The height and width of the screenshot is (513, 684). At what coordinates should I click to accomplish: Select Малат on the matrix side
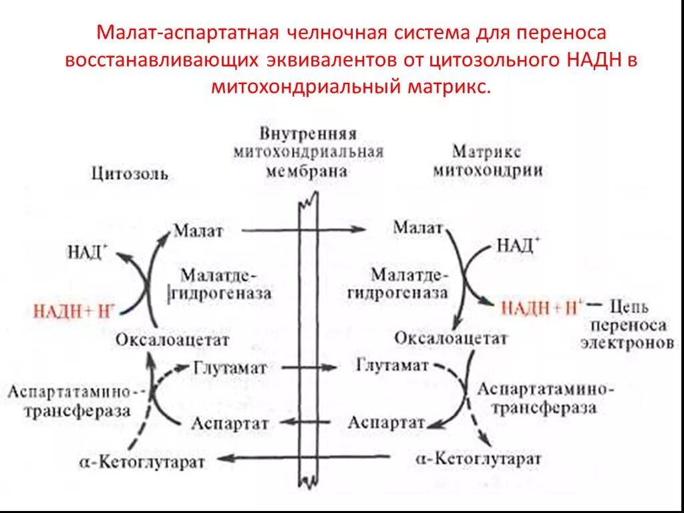[x=418, y=228]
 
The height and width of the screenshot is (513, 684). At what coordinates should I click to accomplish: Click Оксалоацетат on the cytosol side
[x=172, y=340]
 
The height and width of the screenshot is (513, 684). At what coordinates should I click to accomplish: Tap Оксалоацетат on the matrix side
[x=450, y=338]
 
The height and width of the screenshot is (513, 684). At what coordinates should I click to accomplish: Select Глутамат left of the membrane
[x=230, y=368]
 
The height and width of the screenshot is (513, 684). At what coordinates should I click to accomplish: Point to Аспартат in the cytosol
[x=230, y=423]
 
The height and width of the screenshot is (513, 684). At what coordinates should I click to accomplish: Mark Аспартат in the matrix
[x=387, y=422]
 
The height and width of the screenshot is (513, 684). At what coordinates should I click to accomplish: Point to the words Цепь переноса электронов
[x=633, y=325]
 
